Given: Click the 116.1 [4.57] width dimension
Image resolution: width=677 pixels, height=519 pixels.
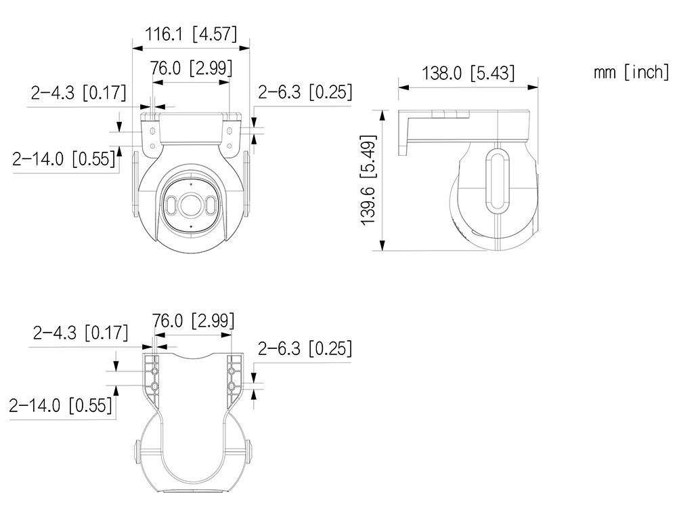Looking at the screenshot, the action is [x=191, y=34].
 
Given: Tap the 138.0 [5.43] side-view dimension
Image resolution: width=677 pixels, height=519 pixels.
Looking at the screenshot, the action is [x=468, y=73].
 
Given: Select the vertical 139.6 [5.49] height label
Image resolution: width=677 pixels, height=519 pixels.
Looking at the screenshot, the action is [x=368, y=180].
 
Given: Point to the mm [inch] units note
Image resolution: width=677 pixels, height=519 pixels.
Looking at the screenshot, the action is [x=631, y=72].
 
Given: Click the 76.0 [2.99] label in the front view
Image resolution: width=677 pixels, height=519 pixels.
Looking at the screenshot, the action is [x=191, y=68].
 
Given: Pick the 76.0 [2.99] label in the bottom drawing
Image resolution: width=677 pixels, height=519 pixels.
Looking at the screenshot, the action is [x=193, y=320].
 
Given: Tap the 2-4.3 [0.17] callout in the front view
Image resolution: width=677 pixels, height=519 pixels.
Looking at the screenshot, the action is [x=79, y=92].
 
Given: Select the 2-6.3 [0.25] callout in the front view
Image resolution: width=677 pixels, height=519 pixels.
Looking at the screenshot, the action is [x=305, y=92].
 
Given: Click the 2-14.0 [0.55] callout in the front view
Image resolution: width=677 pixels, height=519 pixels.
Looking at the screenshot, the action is [x=64, y=159].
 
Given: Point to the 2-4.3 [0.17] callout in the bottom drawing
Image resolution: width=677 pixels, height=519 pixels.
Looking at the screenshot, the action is [x=81, y=333].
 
